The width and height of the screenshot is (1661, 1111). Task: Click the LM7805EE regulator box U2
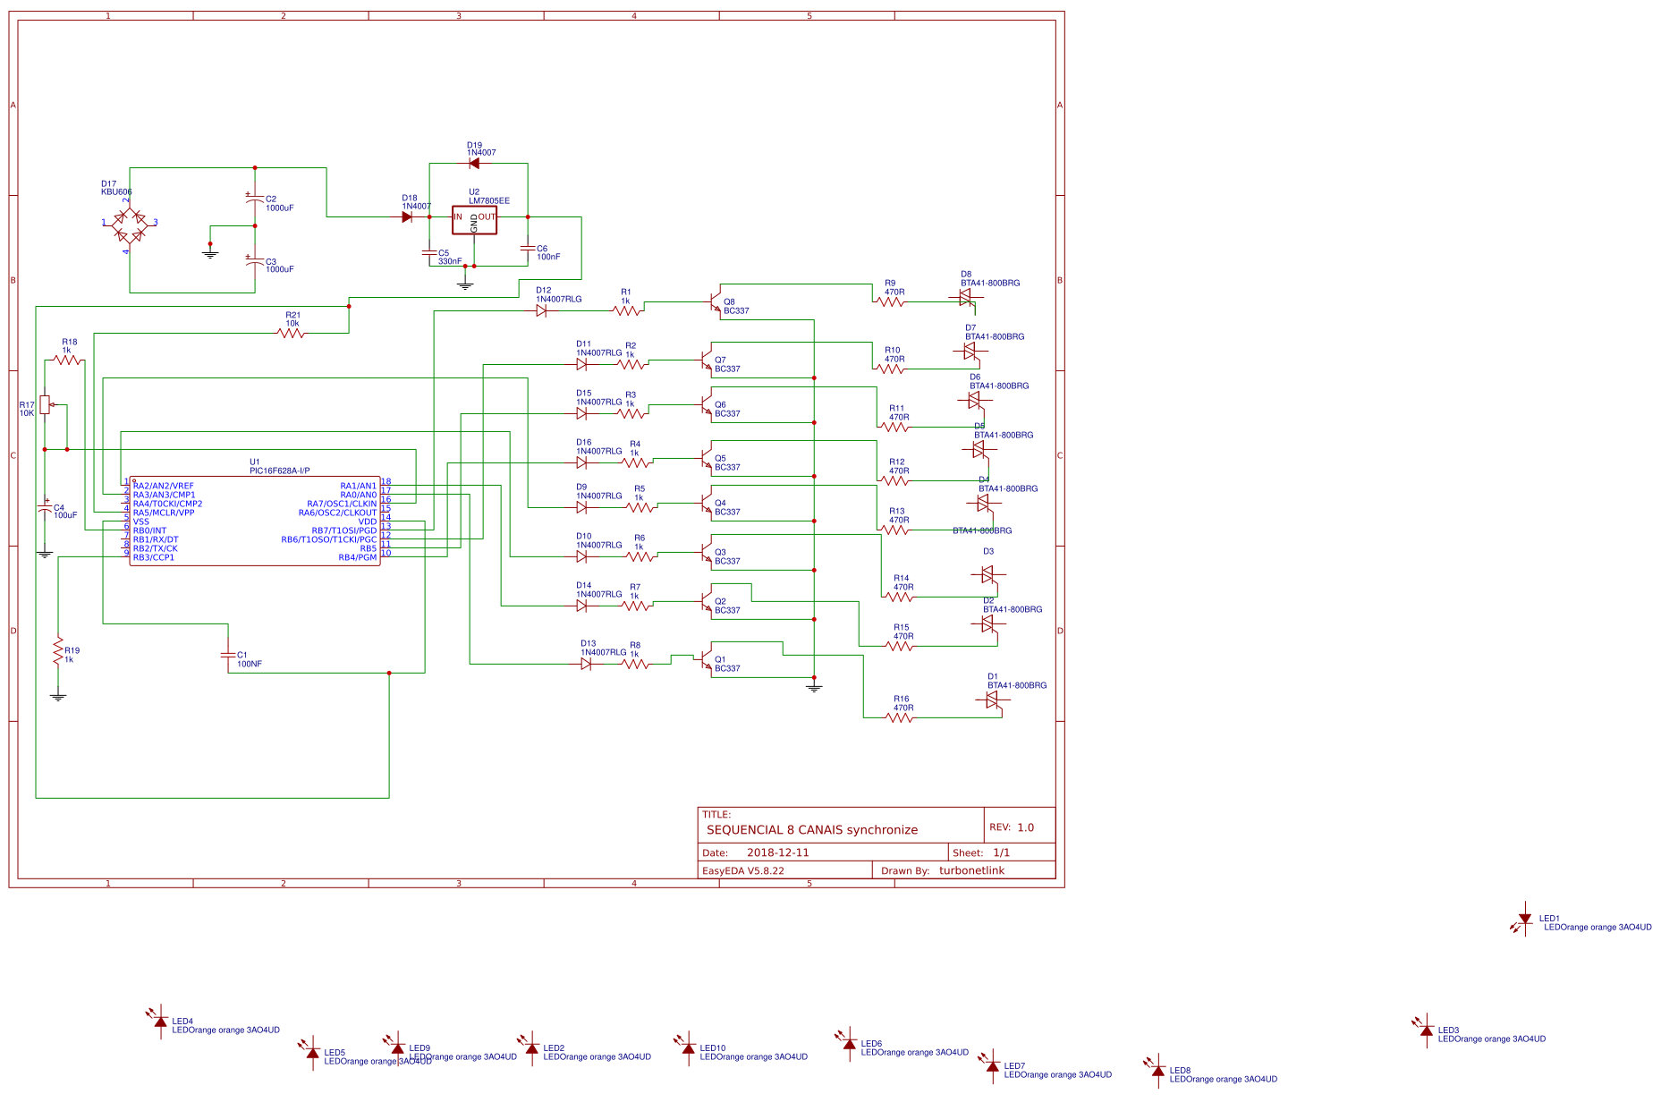[474, 219]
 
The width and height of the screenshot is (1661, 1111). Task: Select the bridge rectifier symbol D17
[130, 225]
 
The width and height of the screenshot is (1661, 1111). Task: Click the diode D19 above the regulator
[473, 163]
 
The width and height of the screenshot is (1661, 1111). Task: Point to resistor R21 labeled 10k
[291, 333]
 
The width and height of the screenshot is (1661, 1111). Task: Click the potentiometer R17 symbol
[45, 405]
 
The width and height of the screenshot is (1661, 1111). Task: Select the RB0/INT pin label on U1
[149, 530]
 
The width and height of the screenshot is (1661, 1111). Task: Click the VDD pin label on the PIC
[367, 522]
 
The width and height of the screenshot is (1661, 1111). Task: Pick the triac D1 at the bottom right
[992, 700]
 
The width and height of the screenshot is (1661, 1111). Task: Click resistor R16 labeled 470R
[900, 717]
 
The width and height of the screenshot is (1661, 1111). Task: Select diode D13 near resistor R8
[586, 664]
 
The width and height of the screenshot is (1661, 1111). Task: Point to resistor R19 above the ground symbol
[58, 650]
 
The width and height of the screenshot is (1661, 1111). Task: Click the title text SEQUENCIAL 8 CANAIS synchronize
[811, 830]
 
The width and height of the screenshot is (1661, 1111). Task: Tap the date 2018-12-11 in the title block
[777, 852]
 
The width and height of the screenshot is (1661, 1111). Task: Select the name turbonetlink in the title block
[971, 870]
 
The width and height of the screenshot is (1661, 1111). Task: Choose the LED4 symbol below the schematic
[160, 1022]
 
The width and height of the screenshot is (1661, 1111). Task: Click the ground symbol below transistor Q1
[814, 687]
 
